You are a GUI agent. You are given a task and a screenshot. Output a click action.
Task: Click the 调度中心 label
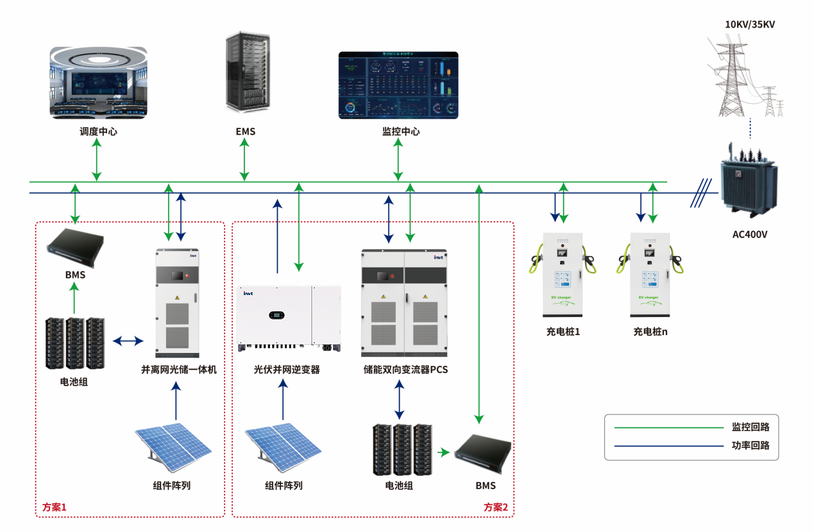[x=98, y=132]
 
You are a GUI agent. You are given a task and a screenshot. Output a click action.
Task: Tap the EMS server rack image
[x=246, y=73]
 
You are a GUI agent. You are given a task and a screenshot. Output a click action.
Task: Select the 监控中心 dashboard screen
[x=398, y=85]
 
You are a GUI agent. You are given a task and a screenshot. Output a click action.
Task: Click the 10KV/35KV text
[x=750, y=24]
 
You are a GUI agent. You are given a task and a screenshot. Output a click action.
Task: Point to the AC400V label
[x=750, y=235]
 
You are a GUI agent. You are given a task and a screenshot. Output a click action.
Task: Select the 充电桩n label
[x=650, y=332]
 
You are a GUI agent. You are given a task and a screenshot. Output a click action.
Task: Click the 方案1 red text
[x=55, y=508]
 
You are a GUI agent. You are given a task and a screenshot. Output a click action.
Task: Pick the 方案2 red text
[x=496, y=508]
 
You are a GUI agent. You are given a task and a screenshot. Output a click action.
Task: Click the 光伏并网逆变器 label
[x=287, y=370]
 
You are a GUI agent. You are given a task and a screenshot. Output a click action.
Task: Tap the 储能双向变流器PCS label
[x=405, y=370]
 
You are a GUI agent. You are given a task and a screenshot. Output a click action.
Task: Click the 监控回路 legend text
[x=750, y=427]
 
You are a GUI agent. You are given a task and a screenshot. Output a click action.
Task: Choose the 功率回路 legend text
[x=750, y=445]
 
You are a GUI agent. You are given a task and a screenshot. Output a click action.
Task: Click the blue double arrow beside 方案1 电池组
[x=128, y=341]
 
